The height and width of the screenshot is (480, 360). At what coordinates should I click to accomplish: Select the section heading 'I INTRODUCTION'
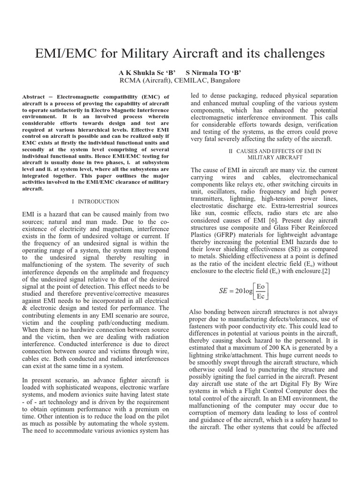pyautogui.click(x=96, y=202)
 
